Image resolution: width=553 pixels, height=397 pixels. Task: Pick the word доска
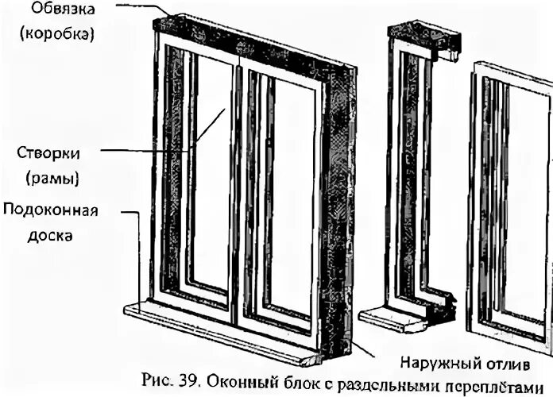(29, 236)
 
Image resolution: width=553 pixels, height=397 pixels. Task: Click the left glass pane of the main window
(211, 175)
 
